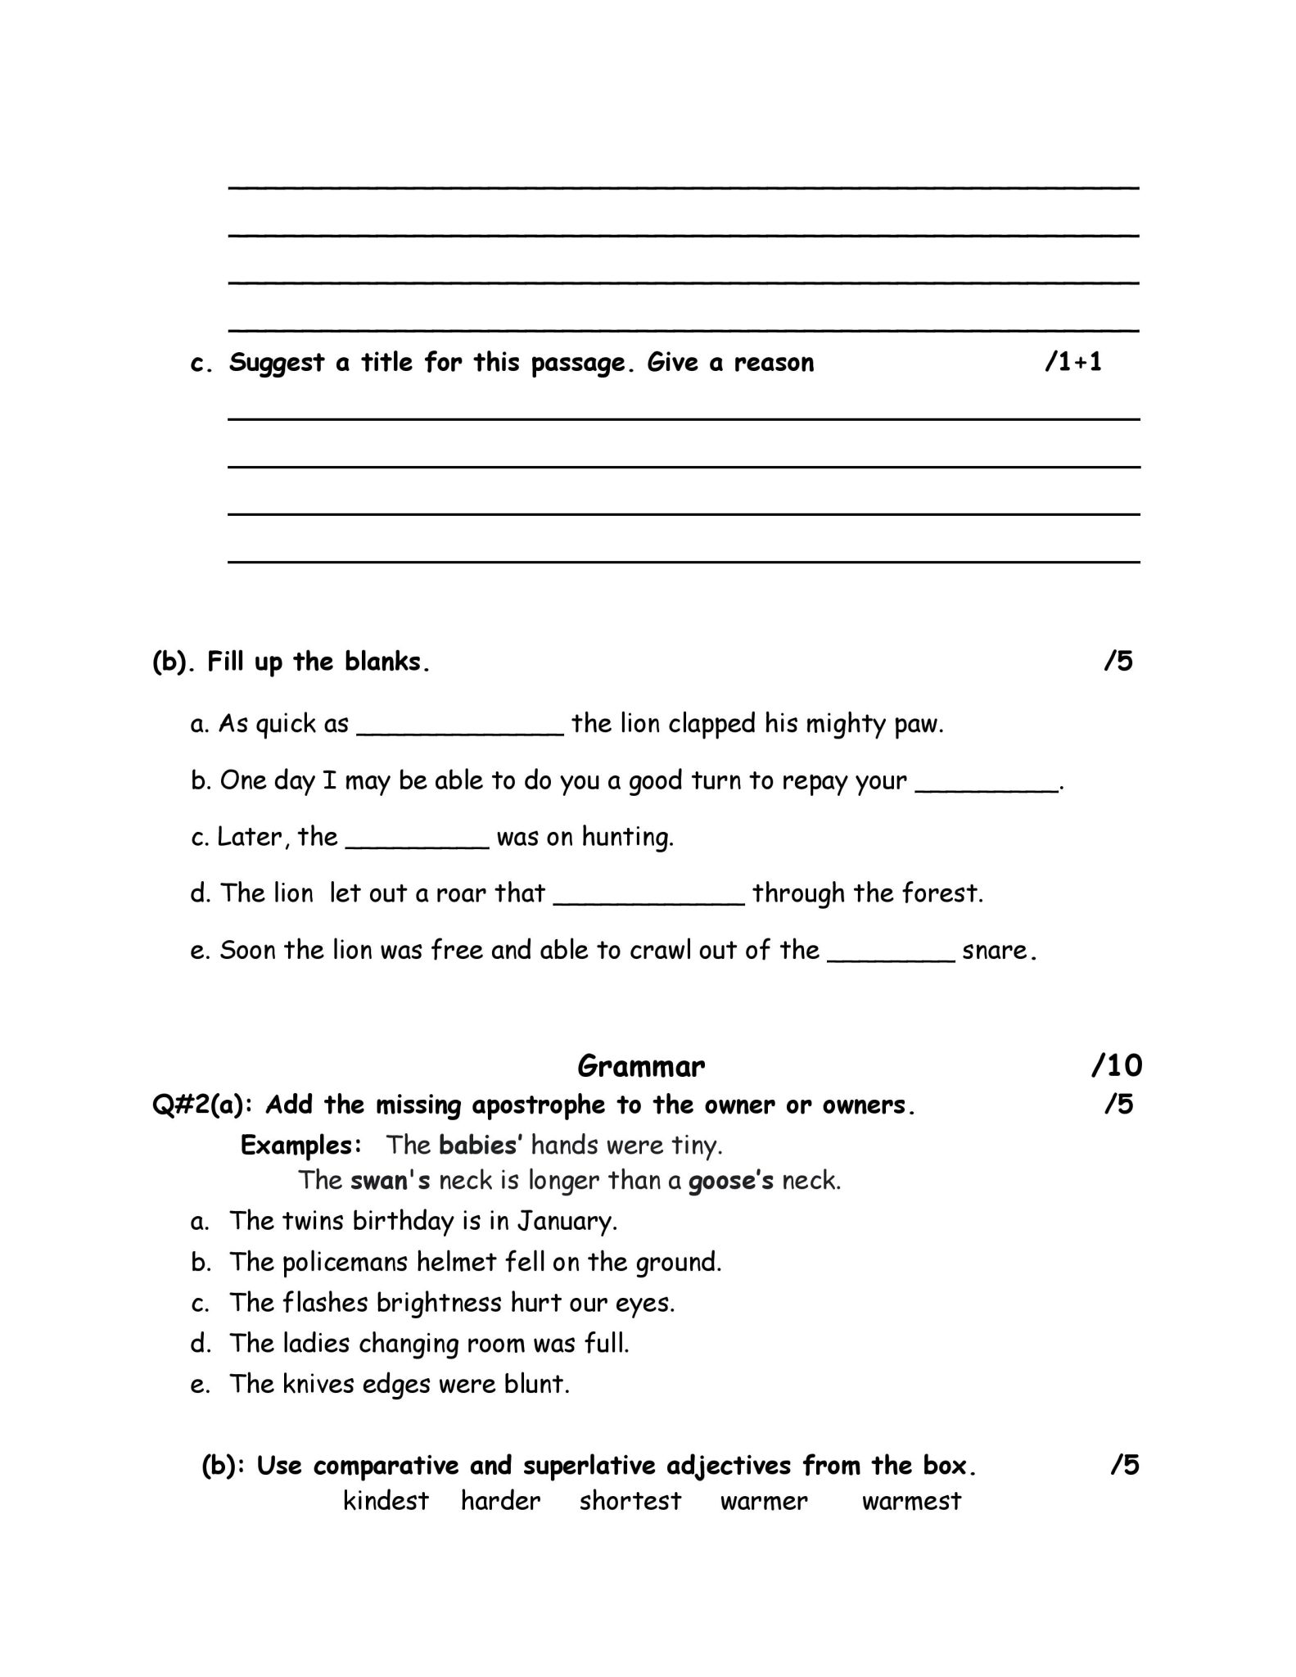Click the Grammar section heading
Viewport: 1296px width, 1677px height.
click(x=640, y=1065)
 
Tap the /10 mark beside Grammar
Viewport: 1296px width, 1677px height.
click(x=1117, y=1065)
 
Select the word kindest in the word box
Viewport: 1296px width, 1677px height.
click(x=386, y=1501)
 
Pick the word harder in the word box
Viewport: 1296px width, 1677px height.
click(x=500, y=1501)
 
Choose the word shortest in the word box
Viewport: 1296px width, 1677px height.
click(x=630, y=1501)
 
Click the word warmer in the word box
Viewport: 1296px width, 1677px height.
click(x=764, y=1501)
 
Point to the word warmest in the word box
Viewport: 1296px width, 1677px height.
click(x=911, y=1501)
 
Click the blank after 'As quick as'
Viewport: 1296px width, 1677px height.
click(x=460, y=727)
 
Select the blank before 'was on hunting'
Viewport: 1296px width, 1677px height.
click(x=418, y=840)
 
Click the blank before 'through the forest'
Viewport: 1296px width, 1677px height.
click(x=649, y=896)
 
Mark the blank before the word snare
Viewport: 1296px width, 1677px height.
click(x=892, y=953)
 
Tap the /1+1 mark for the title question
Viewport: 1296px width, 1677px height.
click(x=1073, y=363)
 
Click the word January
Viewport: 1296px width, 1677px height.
click(x=566, y=1221)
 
